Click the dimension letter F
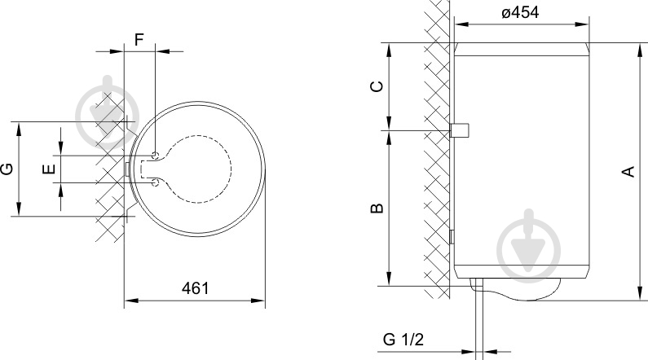139,38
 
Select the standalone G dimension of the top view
7,169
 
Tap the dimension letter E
50,169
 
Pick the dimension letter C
377,87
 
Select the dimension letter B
377,209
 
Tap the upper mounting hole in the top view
155,154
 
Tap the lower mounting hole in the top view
155,184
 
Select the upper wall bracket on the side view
461,130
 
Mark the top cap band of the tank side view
522,47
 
